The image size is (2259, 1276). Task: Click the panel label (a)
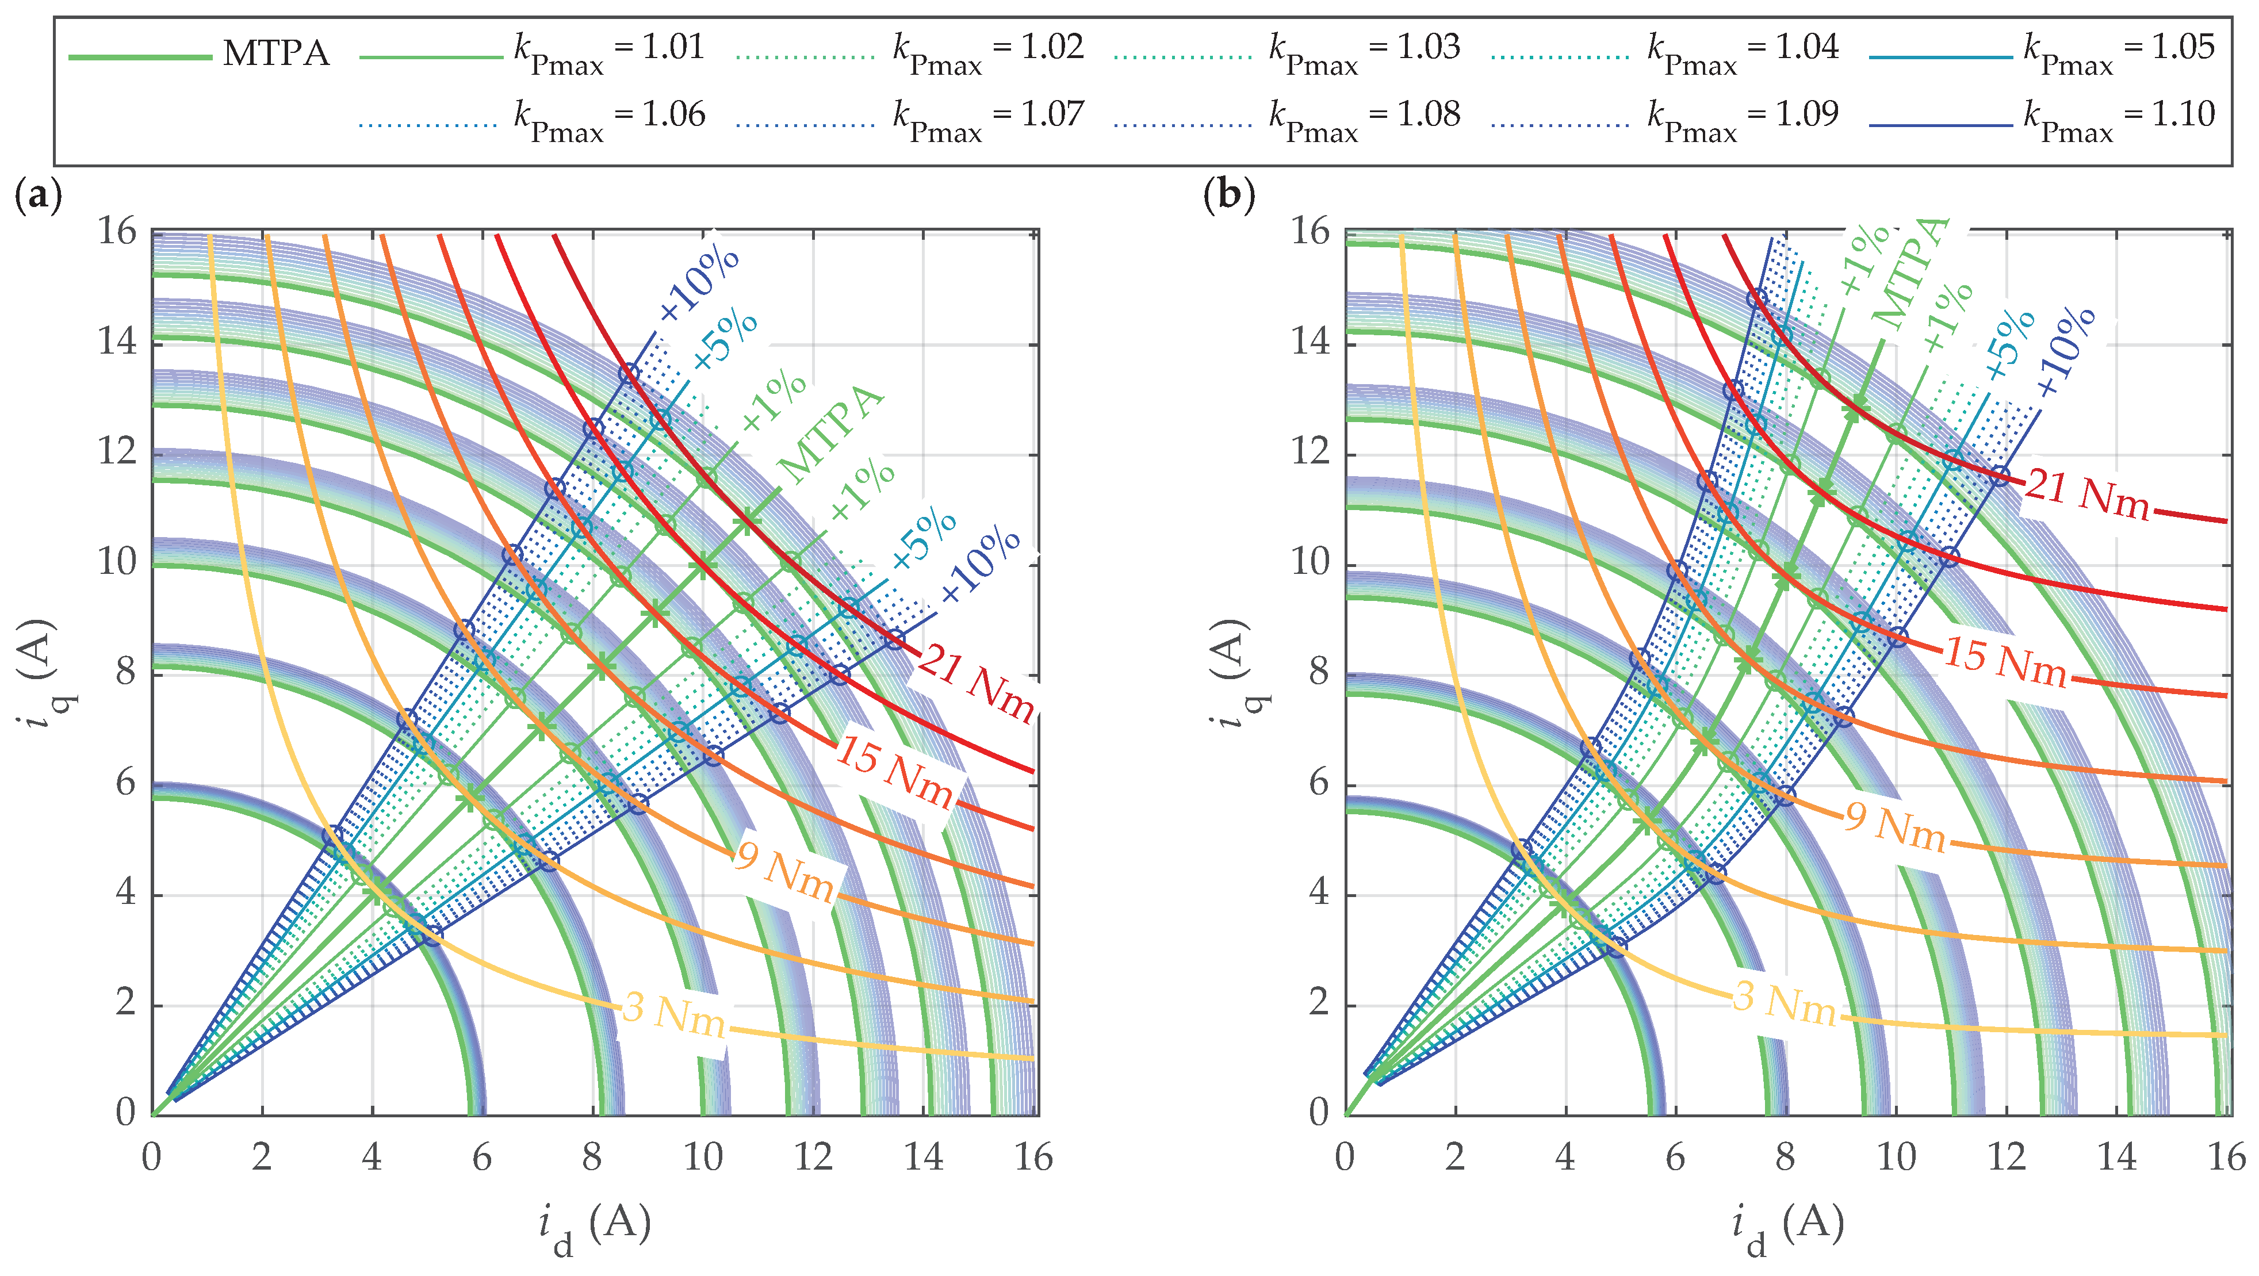(38, 195)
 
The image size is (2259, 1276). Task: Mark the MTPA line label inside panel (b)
(1912, 274)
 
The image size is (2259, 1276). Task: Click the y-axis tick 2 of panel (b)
(1319, 1003)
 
